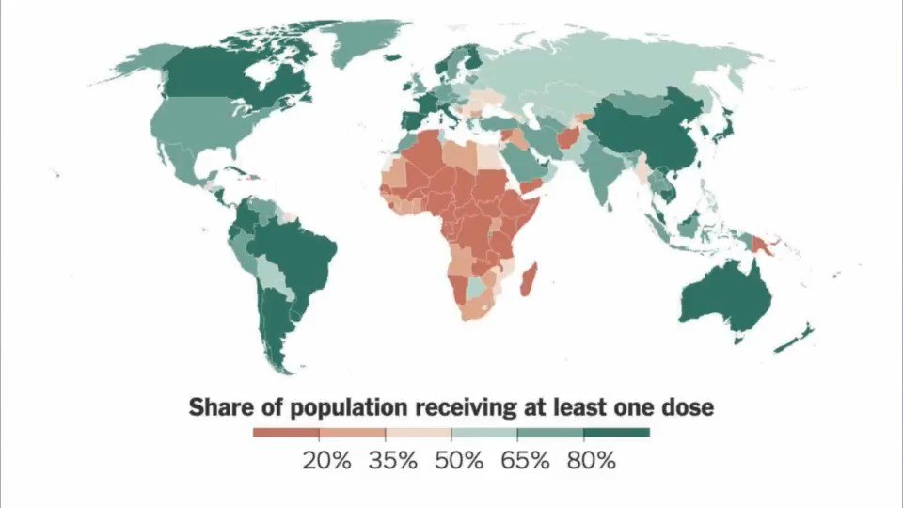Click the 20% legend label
tap(325, 461)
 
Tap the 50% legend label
tap(459, 461)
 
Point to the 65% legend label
tap(525, 461)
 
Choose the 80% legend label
tap(591, 461)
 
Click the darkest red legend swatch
tap(286, 433)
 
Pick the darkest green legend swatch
tap(616, 433)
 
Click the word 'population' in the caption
tap(352, 408)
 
